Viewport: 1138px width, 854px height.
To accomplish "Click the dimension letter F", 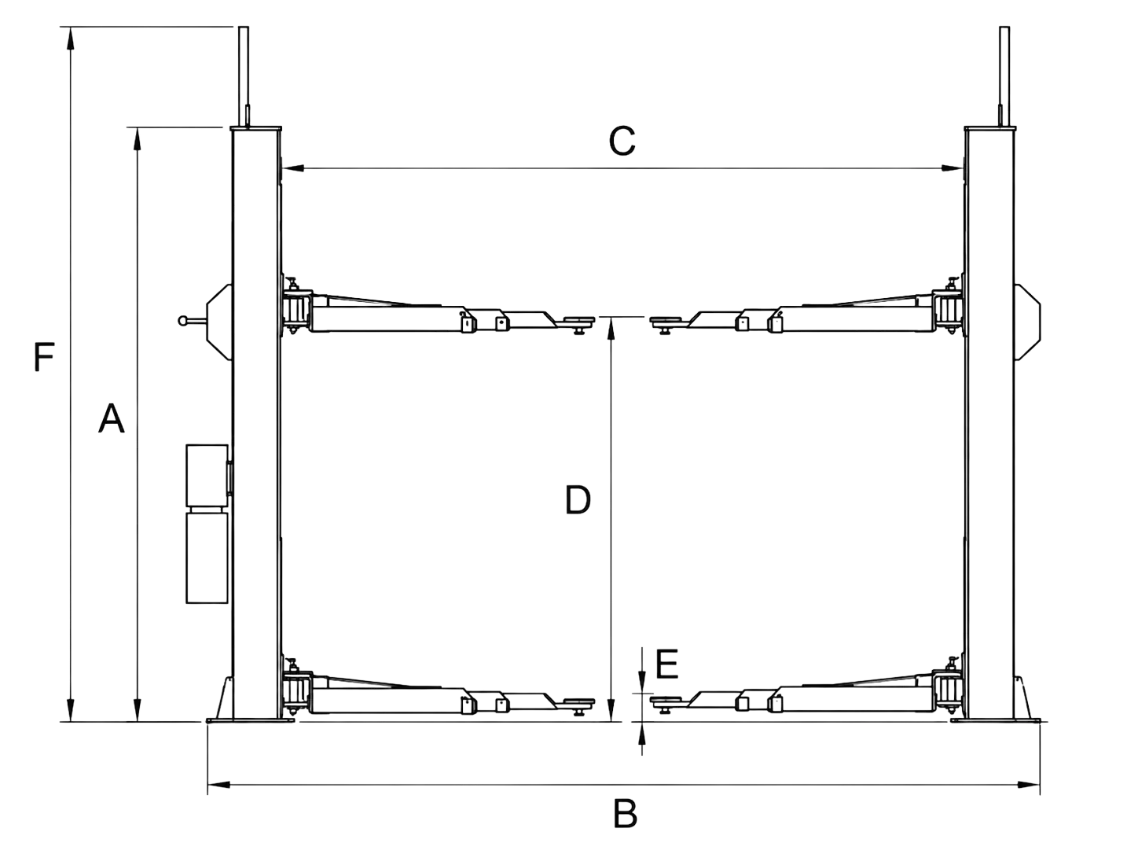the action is (x=44, y=357).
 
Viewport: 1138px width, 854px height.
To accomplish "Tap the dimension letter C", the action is (x=622, y=141).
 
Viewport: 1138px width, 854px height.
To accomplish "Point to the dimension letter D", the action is (x=578, y=500).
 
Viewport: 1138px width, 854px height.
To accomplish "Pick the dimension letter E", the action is (x=666, y=664).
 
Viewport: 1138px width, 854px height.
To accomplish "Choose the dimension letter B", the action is (x=625, y=814).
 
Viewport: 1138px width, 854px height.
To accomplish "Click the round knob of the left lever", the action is (x=182, y=321).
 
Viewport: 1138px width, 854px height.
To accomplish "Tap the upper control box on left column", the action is (x=207, y=476).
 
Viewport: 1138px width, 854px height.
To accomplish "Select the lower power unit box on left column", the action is (x=207, y=558).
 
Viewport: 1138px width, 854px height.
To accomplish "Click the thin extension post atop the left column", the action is (x=243, y=76).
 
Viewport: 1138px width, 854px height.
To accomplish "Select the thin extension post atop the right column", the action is (x=1004, y=76).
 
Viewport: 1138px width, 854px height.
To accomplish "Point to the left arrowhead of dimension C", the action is (x=293, y=168).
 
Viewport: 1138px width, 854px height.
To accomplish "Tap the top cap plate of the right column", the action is (x=989, y=128).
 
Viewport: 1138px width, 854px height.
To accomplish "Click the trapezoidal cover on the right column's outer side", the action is (x=1027, y=322).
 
